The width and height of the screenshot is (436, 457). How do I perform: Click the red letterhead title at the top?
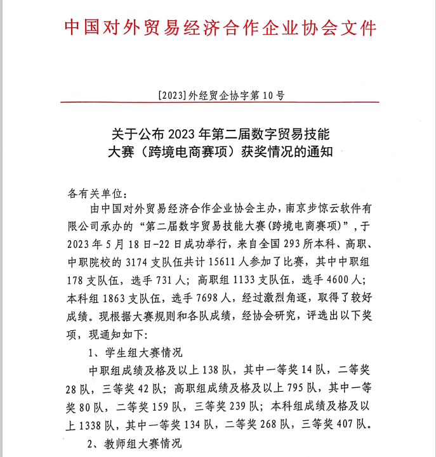pos(221,27)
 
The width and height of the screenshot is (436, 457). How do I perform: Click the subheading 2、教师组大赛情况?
pos(135,442)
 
